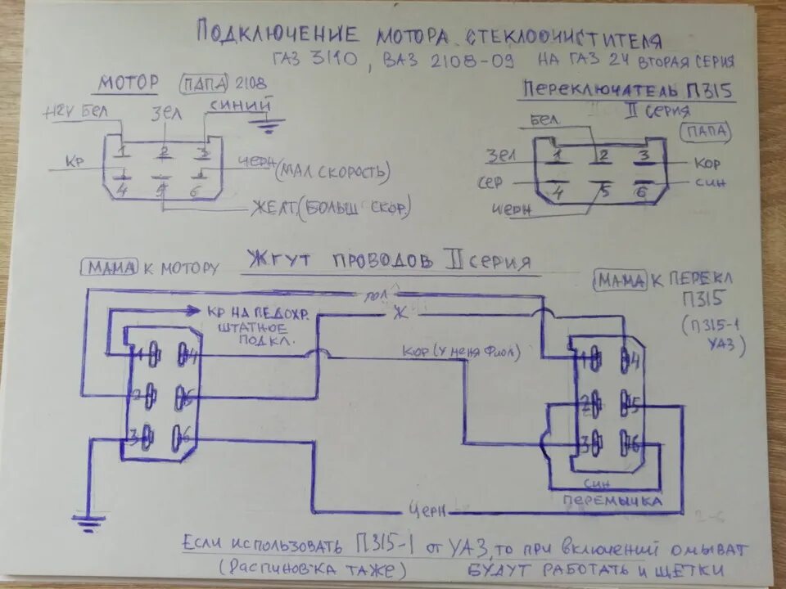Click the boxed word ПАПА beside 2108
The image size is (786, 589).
(205, 84)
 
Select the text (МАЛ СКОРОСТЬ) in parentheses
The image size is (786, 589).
(332, 171)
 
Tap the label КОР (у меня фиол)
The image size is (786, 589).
(461, 352)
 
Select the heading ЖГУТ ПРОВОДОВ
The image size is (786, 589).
(341, 261)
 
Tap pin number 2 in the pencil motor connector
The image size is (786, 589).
(165, 151)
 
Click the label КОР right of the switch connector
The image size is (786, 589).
(706, 163)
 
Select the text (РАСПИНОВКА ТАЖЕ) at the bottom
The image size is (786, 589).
(312, 568)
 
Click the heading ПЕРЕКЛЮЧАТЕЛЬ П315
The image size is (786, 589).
(626, 89)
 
